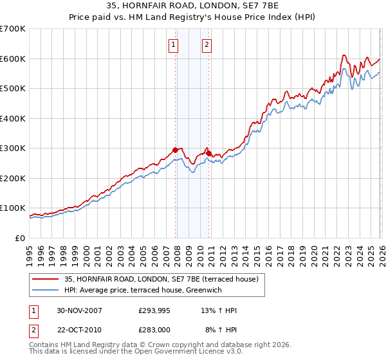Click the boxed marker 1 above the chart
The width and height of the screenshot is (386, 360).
point(174,44)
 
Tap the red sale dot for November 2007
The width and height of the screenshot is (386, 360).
point(175,150)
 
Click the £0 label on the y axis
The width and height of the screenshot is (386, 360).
point(21,238)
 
